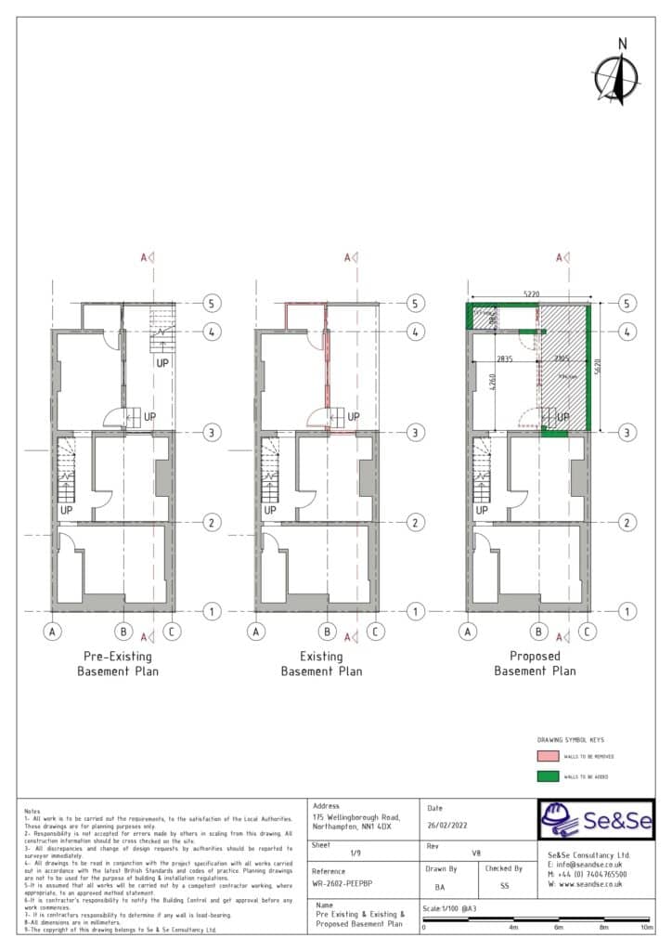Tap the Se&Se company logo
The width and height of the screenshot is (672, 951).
[596, 820]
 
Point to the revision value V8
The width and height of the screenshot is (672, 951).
[477, 853]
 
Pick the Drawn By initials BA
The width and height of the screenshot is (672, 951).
[440, 887]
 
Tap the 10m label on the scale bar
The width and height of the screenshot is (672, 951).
[647, 927]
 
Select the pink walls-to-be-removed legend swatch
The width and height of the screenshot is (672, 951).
[548, 757]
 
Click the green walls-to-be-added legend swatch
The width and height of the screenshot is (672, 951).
[548, 776]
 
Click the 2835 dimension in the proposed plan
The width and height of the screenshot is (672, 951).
[505, 358]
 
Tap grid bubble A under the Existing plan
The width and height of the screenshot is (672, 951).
[257, 632]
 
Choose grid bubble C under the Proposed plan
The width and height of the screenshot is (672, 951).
[587, 632]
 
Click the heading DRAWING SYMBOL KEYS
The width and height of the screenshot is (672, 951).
[571, 740]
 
